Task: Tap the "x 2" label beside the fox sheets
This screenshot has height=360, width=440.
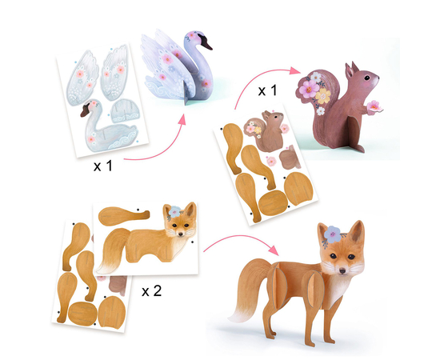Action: tap(152, 291)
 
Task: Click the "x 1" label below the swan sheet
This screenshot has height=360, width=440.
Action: tap(103, 166)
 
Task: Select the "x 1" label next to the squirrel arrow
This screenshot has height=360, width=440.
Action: tap(267, 90)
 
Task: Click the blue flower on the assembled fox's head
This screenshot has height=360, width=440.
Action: tap(333, 234)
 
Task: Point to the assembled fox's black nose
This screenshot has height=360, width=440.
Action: tap(342, 270)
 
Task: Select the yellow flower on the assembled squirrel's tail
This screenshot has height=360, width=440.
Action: tap(323, 96)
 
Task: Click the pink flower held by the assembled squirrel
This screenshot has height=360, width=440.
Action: tap(374, 106)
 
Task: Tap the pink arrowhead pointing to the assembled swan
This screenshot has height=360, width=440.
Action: tap(182, 119)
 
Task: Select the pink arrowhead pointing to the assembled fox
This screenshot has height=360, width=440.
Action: tap(274, 250)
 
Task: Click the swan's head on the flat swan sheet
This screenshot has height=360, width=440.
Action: tap(90, 107)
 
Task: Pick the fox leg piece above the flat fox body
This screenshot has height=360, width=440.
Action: tap(124, 216)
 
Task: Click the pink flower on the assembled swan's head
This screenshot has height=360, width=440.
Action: tap(192, 36)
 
